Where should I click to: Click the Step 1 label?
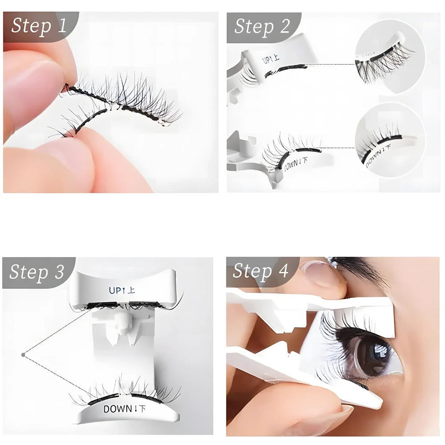click(x=39, y=25)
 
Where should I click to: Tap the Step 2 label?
click(x=262, y=26)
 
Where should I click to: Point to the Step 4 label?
click(x=261, y=271)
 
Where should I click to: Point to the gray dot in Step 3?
click(x=23, y=355)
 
